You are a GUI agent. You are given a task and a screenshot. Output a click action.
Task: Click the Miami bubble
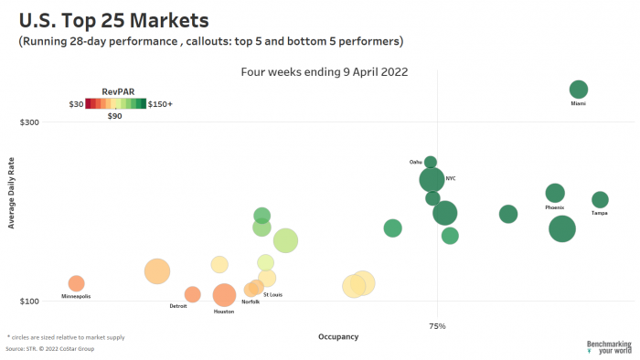pos(578,89)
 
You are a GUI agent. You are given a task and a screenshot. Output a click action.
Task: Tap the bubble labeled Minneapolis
pos(76,283)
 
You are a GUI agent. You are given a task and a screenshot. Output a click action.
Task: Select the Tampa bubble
pos(600,199)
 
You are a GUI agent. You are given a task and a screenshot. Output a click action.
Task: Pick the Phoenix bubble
pos(555,193)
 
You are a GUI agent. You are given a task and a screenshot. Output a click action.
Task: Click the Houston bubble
pos(224,294)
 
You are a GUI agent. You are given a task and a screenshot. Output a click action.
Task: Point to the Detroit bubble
pos(192,294)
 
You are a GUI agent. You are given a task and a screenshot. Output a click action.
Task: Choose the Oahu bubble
pos(431,163)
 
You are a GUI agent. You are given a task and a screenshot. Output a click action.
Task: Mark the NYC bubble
pos(432,180)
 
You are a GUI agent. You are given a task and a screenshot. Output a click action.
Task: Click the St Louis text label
pos(272,294)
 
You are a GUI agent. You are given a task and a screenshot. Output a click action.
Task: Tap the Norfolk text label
pos(251,302)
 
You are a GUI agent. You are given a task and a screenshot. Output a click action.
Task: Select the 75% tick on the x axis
pos(437,325)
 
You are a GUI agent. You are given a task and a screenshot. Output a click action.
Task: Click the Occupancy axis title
pos(338,336)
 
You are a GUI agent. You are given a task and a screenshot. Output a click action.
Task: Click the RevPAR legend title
pos(114,91)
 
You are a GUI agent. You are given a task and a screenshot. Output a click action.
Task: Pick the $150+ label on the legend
pos(160,104)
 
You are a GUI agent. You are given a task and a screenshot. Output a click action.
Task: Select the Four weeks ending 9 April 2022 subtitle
pos(324,71)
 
